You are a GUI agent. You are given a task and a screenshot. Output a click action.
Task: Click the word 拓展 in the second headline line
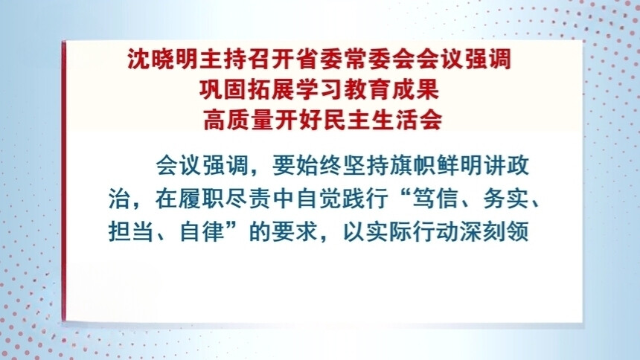tap(265, 87)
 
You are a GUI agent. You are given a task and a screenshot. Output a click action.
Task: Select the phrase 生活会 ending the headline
tap(400, 117)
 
